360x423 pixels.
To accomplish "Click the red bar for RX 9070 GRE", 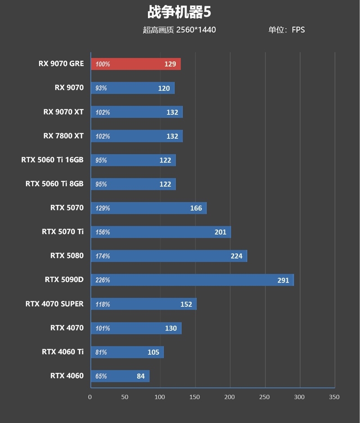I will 135,64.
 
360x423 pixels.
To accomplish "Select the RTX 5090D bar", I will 192,280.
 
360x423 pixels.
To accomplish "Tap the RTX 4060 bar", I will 120,376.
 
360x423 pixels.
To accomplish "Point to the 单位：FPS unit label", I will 286,30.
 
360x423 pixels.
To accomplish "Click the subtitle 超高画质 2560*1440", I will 179,30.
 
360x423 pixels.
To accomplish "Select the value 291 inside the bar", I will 283,280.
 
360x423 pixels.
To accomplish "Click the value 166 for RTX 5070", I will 196,208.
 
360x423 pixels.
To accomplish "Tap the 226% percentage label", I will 103,280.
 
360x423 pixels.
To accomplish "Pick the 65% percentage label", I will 101,376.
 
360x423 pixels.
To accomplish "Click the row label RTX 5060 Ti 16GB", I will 52,159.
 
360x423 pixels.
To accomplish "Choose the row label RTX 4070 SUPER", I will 54,304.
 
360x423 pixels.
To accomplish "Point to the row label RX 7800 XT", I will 63,136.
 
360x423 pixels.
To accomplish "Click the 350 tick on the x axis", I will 334,397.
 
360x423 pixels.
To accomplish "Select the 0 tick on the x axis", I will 90,397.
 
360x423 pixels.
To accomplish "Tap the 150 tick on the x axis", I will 195,397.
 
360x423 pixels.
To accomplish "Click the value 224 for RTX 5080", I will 236,256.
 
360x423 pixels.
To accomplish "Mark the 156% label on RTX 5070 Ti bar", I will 103,232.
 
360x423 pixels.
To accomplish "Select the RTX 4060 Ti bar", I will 127,352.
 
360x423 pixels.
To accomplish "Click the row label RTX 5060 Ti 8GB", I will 54,183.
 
